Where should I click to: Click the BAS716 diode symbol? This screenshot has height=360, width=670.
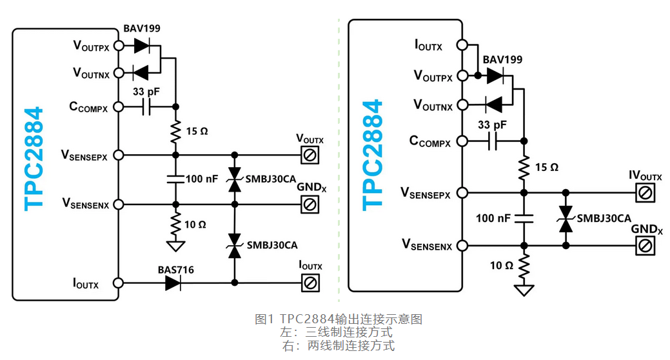click(172, 283)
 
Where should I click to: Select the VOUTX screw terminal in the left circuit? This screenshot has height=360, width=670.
click(310, 155)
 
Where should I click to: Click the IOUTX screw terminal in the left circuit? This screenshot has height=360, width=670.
click(310, 283)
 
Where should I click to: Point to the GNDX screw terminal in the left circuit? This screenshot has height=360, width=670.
click(310, 205)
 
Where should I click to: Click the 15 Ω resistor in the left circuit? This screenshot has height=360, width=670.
click(175, 132)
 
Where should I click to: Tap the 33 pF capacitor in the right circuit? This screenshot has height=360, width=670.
click(493, 141)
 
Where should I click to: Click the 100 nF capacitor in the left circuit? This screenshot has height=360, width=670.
click(175, 179)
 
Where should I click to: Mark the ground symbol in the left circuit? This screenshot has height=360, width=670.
click(175, 246)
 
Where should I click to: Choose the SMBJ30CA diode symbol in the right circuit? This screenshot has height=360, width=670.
click(566, 219)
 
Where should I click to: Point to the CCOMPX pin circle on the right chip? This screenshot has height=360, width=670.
click(462, 141)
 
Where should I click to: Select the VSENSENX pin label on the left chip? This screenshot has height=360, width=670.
click(85, 205)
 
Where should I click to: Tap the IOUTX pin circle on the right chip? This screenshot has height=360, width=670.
click(462, 45)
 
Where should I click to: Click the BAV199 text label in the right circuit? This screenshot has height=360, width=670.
click(502, 60)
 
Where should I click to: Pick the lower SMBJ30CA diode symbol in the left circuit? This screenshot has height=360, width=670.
click(234, 245)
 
